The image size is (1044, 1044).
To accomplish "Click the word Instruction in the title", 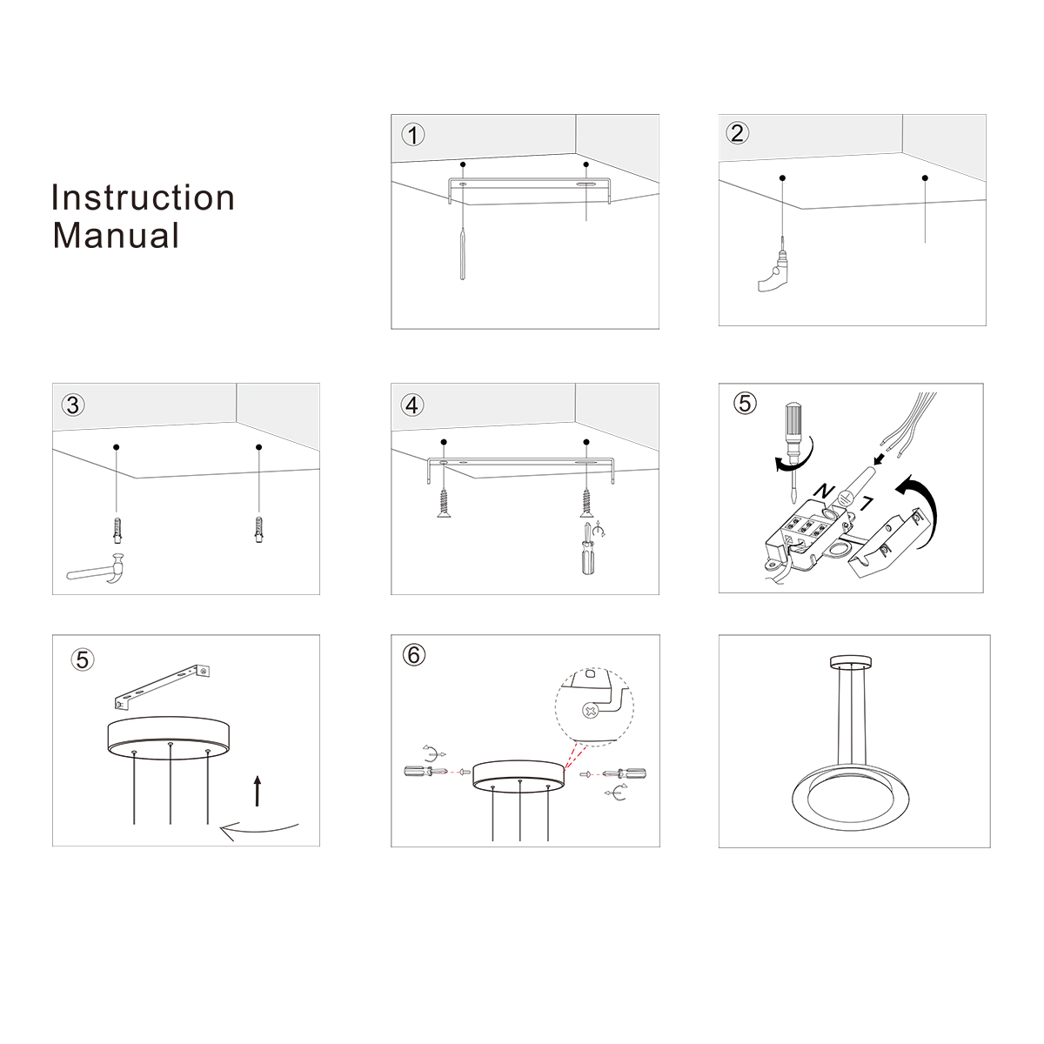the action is click(143, 197).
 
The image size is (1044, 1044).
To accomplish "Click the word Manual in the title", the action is click(116, 236).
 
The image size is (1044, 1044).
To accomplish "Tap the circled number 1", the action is click(413, 135).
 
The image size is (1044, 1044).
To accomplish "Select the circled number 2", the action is click(738, 133).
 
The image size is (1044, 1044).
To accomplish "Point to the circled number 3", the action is click(73, 405).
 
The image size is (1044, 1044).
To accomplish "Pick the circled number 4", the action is click(412, 405).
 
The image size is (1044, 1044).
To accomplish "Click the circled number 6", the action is click(414, 655).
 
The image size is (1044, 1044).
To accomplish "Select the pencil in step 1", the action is click(462, 254).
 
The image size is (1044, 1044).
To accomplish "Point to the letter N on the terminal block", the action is click(825, 492).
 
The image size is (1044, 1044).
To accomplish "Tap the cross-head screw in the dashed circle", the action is click(590, 710).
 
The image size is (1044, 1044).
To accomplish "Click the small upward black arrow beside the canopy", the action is click(258, 791).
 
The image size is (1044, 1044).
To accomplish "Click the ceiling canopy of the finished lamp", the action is click(851, 661).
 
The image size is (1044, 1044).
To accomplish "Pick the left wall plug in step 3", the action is click(117, 531).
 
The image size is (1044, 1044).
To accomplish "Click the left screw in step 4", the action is click(445, 504).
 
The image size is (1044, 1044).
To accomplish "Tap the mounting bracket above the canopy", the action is click(162, 687).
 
